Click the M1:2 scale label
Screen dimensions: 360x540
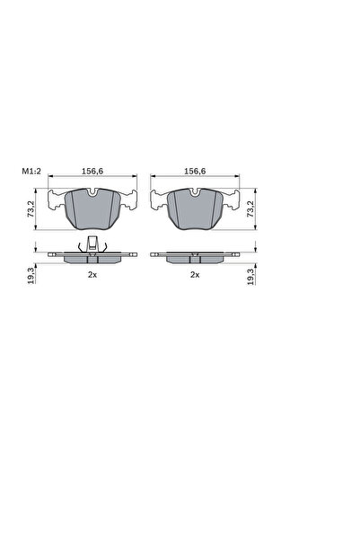click(31, 171)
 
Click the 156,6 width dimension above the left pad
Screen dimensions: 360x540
click(92, 171)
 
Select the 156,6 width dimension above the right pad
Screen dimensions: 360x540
click(195, 171)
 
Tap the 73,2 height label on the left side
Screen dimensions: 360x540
click(31, 208)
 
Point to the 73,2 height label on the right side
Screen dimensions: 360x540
click(250, 208)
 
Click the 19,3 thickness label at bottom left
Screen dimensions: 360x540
click(31, 276)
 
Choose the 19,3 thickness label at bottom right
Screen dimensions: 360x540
click(250, 276)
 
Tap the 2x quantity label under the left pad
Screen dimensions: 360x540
click(92, 275)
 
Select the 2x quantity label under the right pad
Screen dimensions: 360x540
click(195, 275)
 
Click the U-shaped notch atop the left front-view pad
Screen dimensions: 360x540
click(92, 193)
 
